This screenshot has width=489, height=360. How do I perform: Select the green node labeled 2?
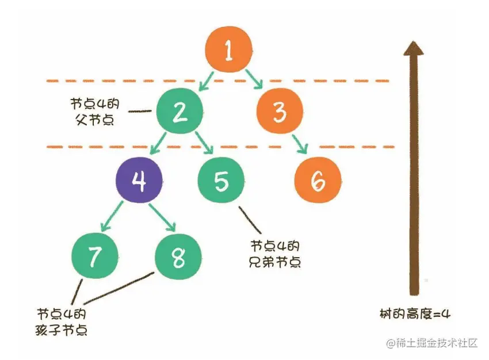tap(180, 111)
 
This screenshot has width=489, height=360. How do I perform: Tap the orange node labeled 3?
tap(279, 112)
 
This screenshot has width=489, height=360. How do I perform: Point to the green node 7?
tap(95, 256)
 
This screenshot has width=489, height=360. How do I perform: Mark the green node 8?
tap(178, 256)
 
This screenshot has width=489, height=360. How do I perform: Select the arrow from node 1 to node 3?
tap(253, 79)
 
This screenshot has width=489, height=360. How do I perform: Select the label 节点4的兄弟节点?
tap(276, 254)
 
